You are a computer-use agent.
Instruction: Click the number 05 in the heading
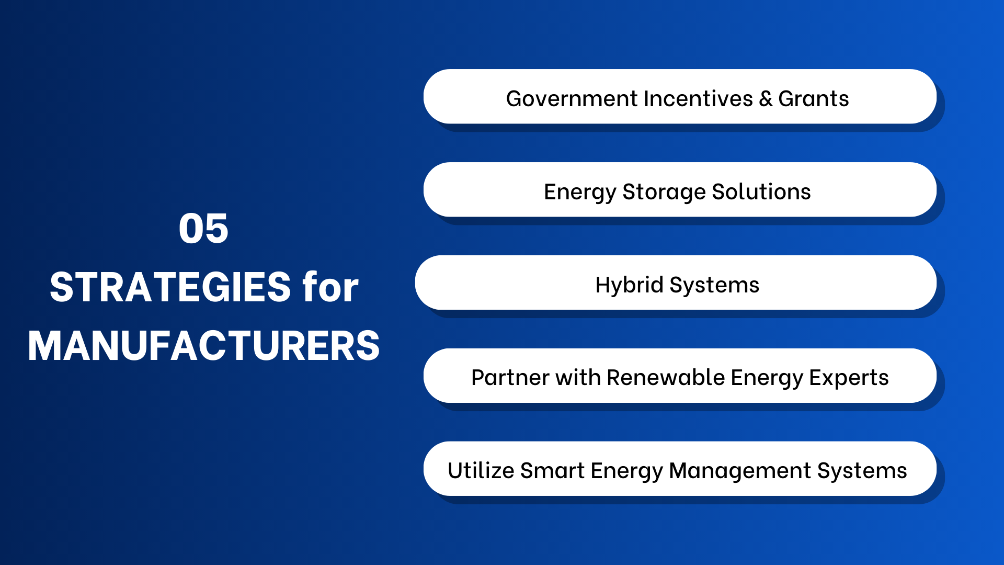203,229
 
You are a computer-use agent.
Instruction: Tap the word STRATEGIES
170,287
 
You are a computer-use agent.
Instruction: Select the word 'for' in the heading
330,287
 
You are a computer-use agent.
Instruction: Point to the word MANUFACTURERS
204,346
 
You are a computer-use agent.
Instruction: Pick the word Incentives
699,99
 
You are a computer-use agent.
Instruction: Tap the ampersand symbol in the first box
766,99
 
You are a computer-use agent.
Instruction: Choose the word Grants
813,99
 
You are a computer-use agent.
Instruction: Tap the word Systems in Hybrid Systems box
714,285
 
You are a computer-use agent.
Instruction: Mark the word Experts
849,378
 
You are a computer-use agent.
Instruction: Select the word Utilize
481,471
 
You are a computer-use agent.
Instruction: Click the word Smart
552,471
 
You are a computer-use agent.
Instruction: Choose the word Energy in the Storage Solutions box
580,193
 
